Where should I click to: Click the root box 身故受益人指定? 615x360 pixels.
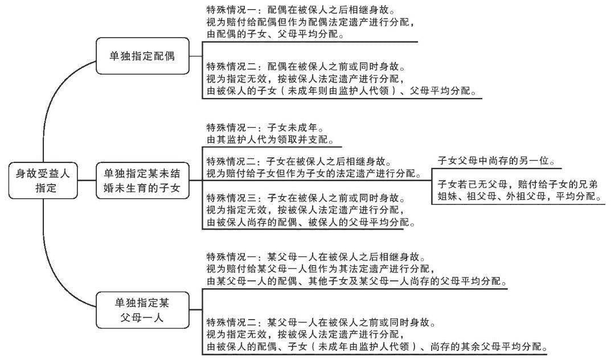pyautogui.click(x=44, y=181)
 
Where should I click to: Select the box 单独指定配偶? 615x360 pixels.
pyautogui.click(x=142, y=56)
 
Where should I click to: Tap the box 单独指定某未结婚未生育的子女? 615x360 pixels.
pyautogui.click(x=142, y=181)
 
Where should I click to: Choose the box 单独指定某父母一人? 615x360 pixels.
pyautogui.click(x=142, y=310)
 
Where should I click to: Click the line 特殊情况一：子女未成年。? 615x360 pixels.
pyautogui.click(x=268, y=128)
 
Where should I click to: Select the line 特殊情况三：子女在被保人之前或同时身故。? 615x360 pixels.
pyautogui.click(x=305, y=198)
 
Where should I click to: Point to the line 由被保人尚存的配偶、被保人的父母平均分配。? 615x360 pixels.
pyautogui.click(x=310, y=222)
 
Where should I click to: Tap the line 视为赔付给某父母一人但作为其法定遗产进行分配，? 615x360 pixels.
pyautogui.click(x=321, y=269)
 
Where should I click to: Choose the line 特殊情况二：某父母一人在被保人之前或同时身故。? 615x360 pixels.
pyautogui.click(x=321, y=322)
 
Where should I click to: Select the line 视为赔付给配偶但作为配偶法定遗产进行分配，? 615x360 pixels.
pyautogui.click(x=310, y=23)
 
